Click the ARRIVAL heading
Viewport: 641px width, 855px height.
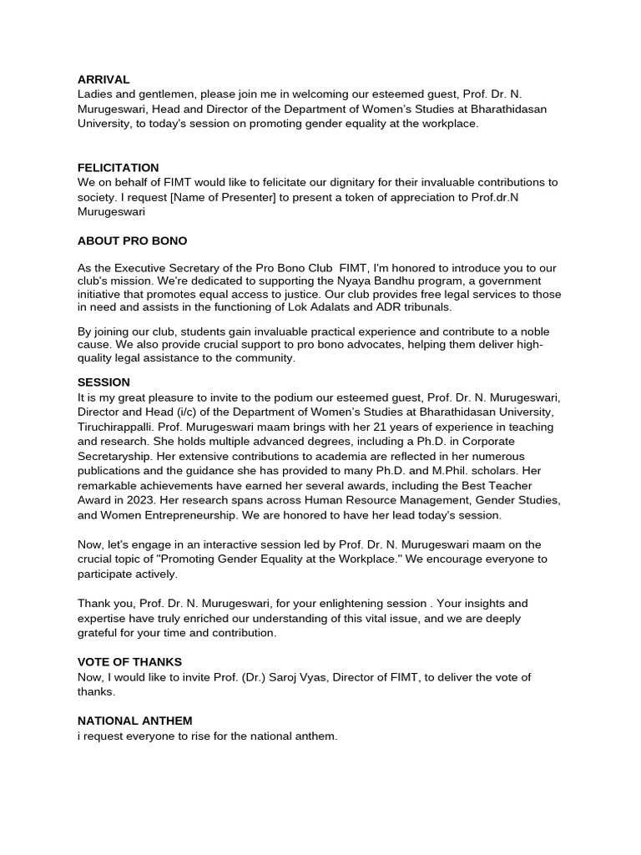[x=103, y=79]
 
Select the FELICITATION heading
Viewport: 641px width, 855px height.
[x=118, y=168]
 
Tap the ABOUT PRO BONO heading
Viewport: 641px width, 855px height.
[x=132, y=240]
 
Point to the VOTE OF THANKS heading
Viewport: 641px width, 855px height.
[x=129, y=662]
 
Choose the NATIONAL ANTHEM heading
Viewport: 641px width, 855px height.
[x=134, y=721]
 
